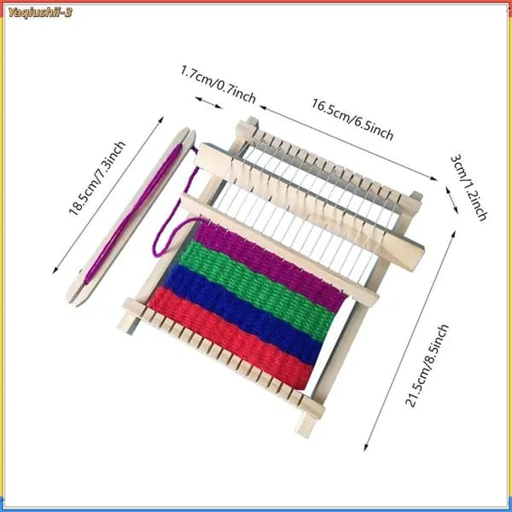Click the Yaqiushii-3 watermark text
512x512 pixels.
click(x=40, y=13)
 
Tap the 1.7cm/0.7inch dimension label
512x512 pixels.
click(x=218, y=84)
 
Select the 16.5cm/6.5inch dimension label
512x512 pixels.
click(x=352, y=119)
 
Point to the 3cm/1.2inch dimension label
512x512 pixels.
click(x=468, y=188)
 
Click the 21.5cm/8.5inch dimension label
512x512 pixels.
click(x=428, y=365)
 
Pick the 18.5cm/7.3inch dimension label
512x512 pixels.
click(x=97, y=178)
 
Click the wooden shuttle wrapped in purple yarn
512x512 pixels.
click(x=131, y=217)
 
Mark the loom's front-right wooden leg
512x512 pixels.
click(x=305, y=423)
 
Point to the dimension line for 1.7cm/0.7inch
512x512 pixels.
click(x=209, y=102)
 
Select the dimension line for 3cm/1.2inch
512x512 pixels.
click(x=451, y=201)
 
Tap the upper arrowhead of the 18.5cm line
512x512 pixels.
click(x=160, y=119)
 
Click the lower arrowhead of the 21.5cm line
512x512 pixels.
click(x=366, y=447)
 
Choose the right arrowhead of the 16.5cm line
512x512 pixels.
click(x=433, y=178)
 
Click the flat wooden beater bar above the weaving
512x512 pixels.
click(x=280, y=249)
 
